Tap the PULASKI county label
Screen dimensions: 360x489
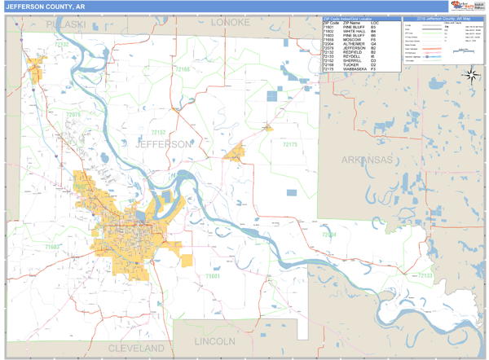65,24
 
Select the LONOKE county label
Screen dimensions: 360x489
230,22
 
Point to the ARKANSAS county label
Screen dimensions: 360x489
367,159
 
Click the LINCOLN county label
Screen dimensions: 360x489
215,340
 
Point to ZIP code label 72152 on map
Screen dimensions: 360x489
158,131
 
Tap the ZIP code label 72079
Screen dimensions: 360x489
74,115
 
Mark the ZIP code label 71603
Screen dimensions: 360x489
53,245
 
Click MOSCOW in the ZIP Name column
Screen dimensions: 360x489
352,41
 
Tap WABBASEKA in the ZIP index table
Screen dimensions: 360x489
356,69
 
